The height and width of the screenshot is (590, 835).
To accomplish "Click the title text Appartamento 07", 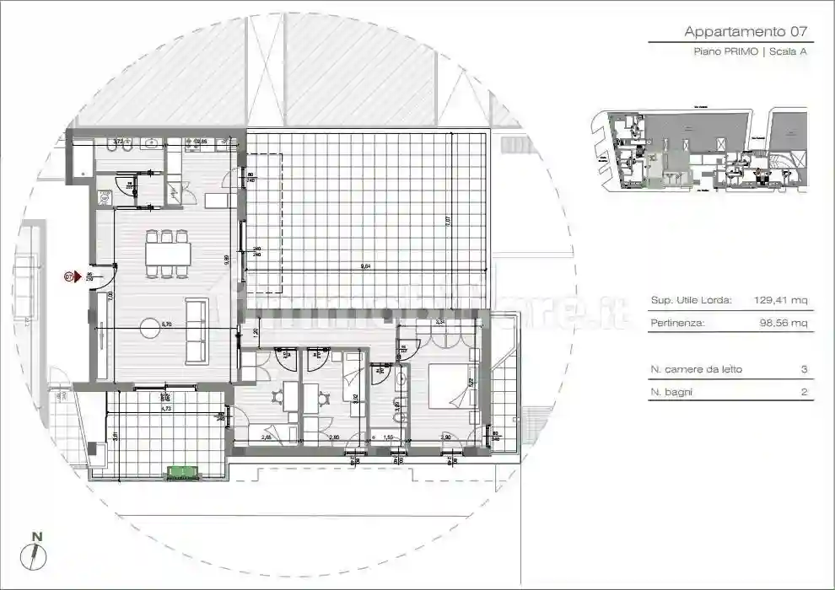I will pos(746,32).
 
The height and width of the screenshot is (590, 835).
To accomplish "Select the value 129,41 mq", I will pos(782,300).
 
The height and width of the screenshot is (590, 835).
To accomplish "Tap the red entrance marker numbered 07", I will pos(71,276).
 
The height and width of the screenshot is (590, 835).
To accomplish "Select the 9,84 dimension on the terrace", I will pos(365,266).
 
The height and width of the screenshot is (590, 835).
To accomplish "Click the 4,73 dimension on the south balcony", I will pos(166,408).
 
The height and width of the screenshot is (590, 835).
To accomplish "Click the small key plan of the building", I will pos(699,150).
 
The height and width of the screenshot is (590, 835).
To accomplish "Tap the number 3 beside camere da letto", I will pos(804,369).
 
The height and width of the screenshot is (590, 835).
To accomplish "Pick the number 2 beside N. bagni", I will pos(804,392).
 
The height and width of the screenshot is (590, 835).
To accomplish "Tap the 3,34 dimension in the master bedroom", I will pos(439,322).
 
